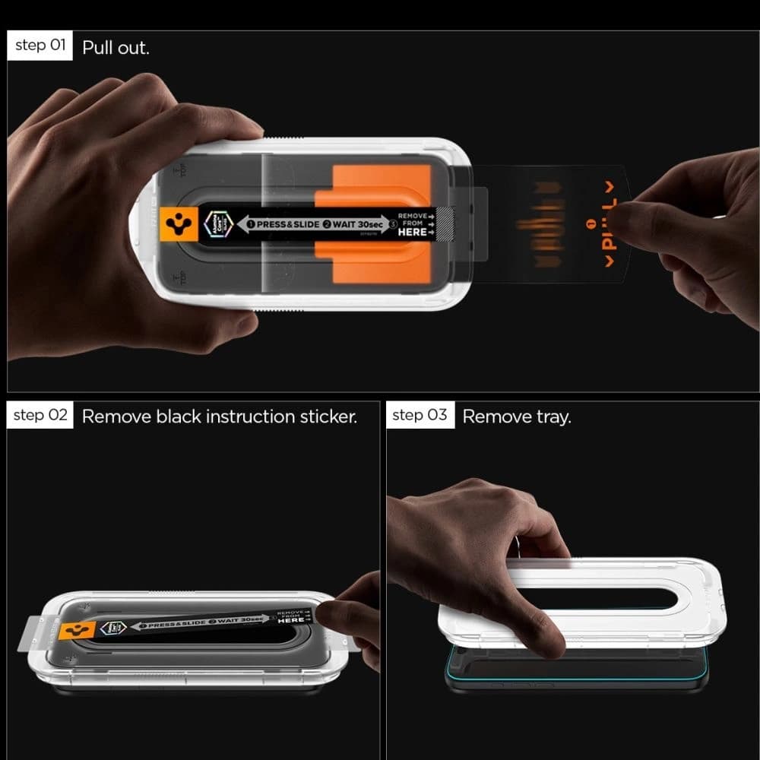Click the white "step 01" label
tap(40, 46)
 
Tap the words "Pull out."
tap(116, 48)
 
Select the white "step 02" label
tap(40, 415)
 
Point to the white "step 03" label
tap(420, 415)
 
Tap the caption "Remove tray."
tap(516, 416)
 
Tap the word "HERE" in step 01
tap(413, 233)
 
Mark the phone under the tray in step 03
tap(578, 673)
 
